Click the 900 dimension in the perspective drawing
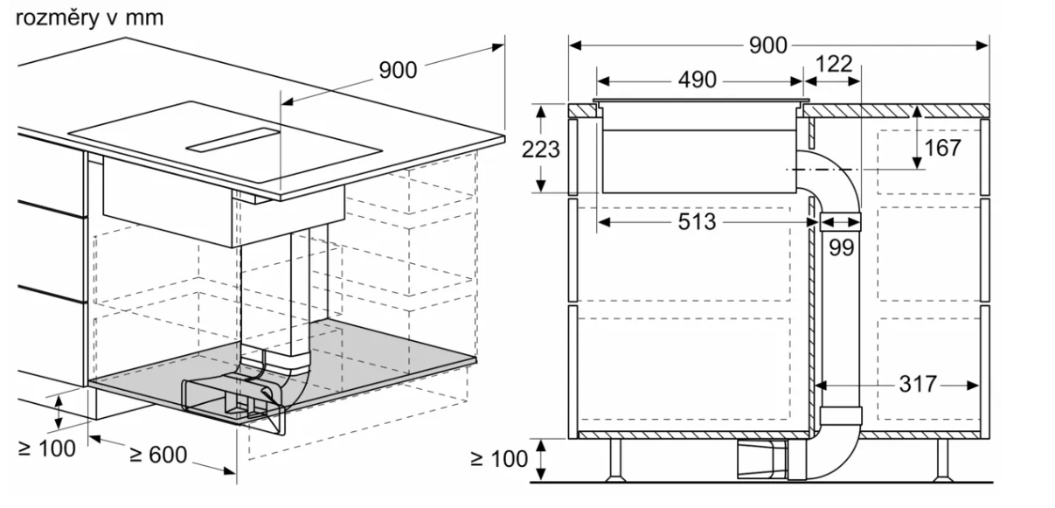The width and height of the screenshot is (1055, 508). tap(398, 71)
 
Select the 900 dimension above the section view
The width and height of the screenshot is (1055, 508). tap(768, 45)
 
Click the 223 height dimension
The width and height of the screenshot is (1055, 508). tap(541, 150)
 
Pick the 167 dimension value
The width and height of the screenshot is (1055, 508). tap(942, 148)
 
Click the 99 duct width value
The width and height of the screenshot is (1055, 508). tap(841, 247)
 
